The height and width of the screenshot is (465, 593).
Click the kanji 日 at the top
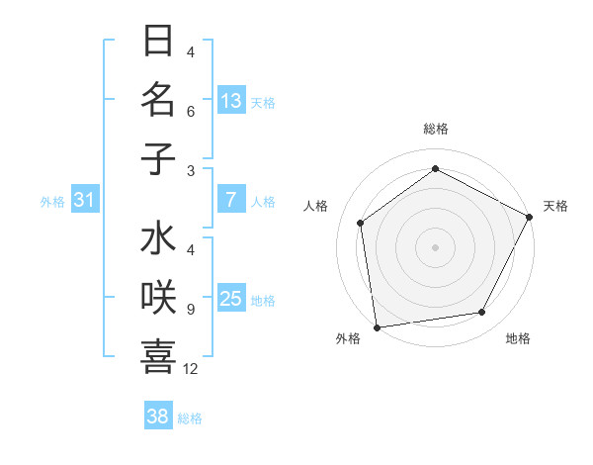(158, 42)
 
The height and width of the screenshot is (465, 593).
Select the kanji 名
(158, 100)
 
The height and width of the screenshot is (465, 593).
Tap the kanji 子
(158, 158)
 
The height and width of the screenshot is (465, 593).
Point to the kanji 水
(158, 240)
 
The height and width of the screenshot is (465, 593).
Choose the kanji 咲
(158, 299)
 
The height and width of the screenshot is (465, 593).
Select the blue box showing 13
(231, 101)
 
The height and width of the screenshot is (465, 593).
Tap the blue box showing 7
(231, 201)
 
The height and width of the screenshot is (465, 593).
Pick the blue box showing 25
(231, 300)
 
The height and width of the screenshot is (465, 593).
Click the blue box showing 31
(85, 201)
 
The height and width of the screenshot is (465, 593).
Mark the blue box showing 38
(158, 417)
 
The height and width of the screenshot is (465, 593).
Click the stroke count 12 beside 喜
(191, 369)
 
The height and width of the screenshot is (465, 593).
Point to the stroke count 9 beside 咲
(190, 310)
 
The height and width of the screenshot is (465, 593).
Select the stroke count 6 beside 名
(190, 111)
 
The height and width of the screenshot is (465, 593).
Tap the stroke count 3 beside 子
(190, 170)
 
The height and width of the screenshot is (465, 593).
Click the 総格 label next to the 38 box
(191, 418)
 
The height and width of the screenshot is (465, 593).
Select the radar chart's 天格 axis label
(555, 206)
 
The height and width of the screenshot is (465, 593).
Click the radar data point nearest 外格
(377, 326)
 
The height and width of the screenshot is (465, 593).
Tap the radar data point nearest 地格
(482, 313)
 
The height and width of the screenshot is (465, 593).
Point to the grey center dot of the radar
(435, 246)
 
